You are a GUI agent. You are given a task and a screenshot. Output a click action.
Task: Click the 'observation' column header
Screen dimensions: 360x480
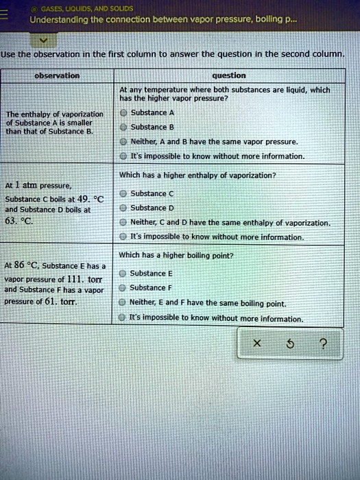tap(58, 75)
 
